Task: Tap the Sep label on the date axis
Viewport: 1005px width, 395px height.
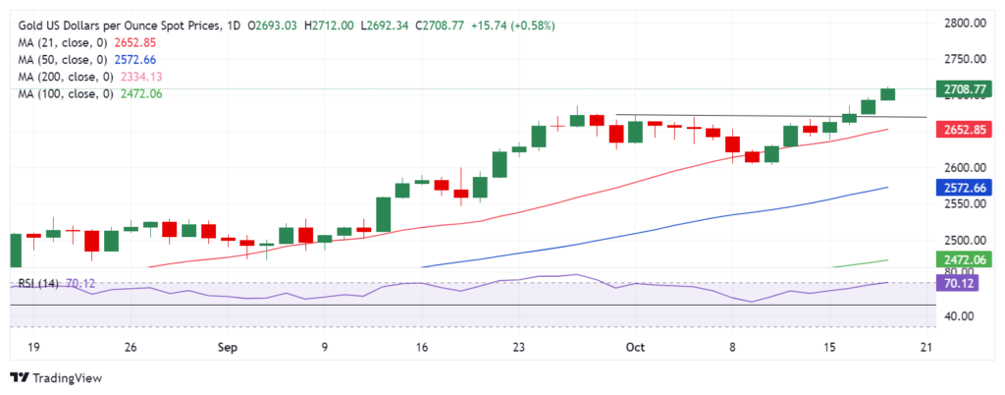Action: [227, 347]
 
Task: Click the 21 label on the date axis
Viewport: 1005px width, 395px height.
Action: [924, 347]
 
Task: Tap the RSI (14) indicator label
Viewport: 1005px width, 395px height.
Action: [38, 284]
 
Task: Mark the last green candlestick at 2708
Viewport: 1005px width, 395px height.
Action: [887, 94]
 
